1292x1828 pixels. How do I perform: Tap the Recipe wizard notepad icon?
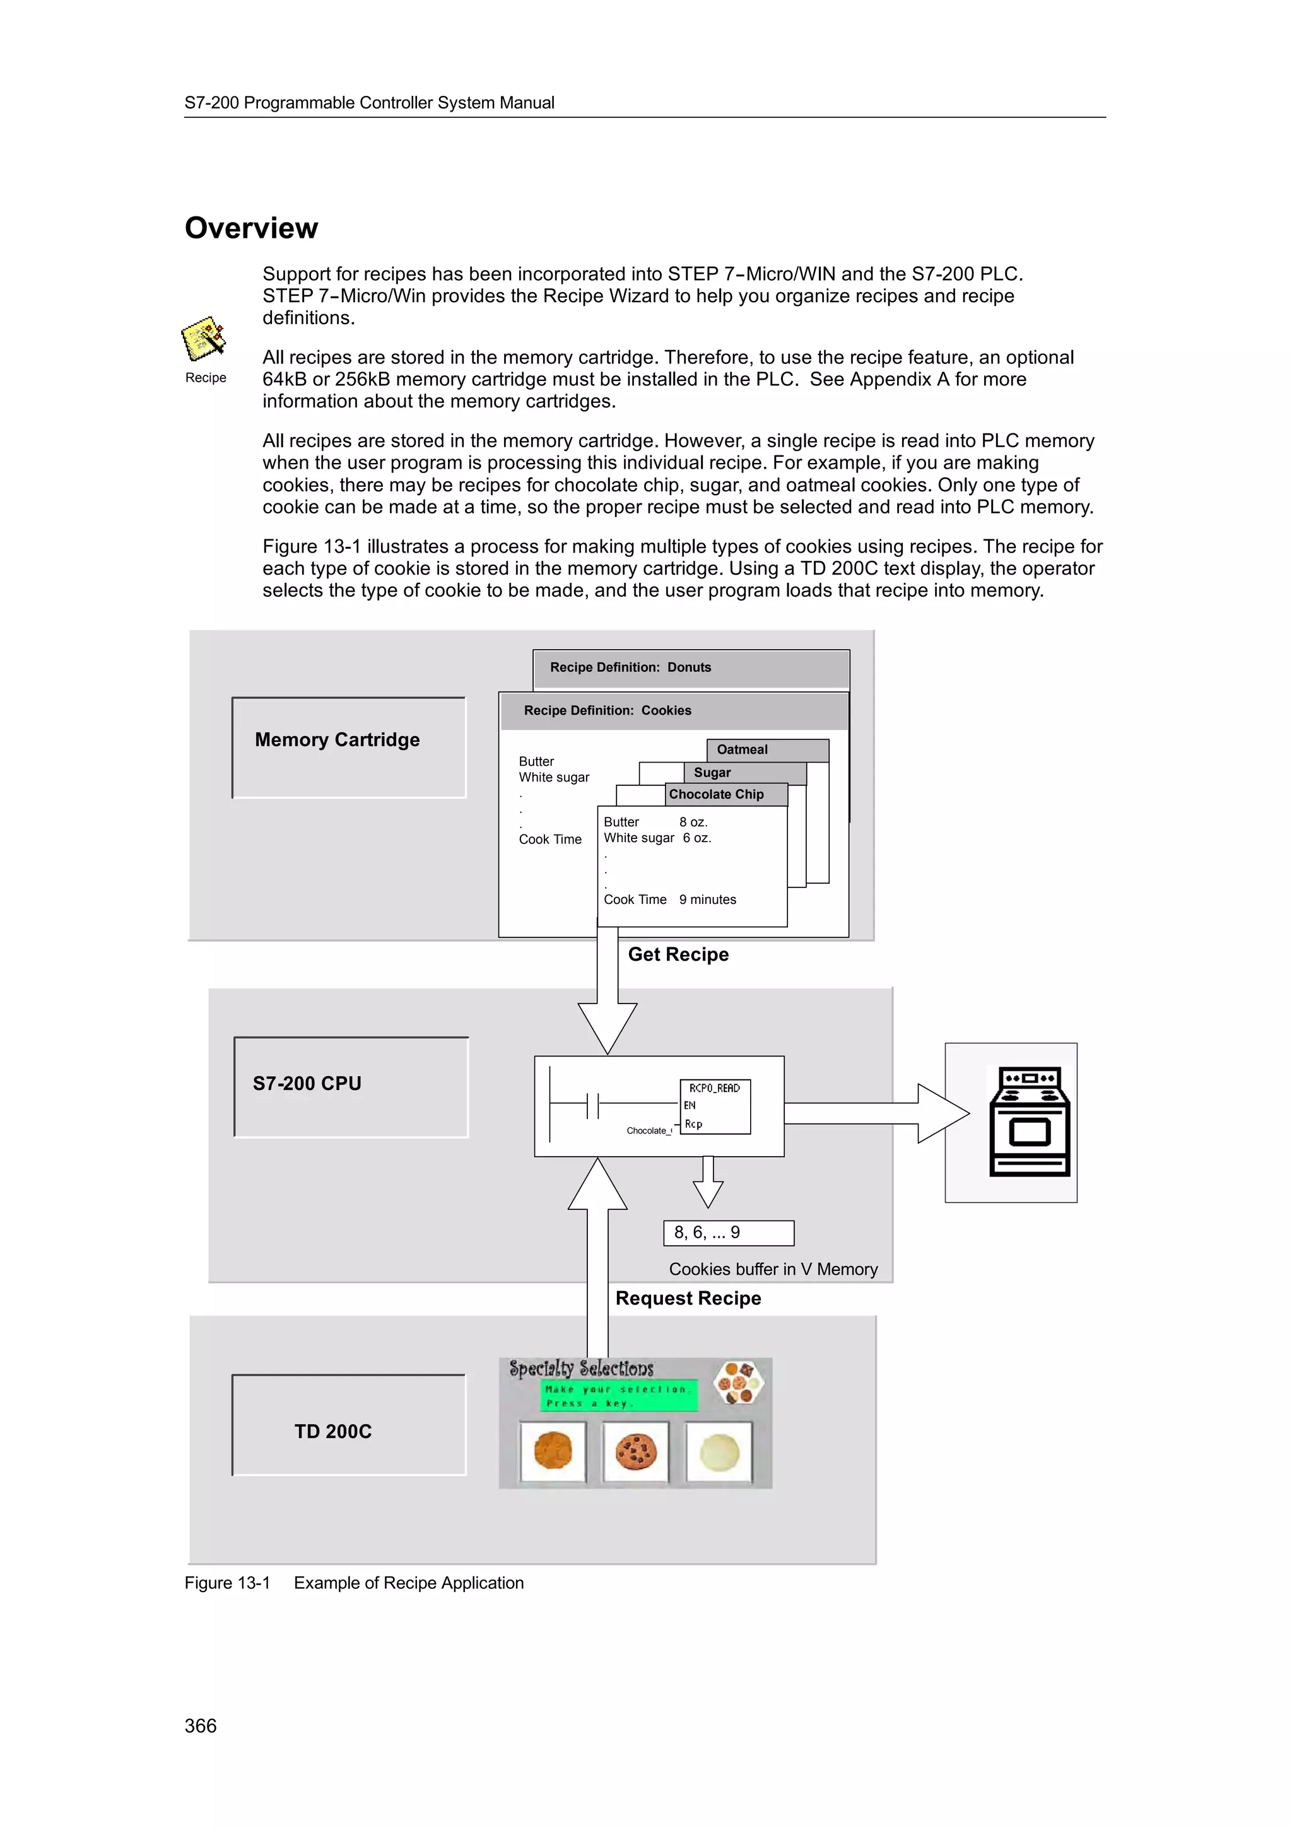coord(204,339)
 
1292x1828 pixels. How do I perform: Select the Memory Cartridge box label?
coord(337,741)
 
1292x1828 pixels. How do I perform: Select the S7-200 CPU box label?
coord(307,1084)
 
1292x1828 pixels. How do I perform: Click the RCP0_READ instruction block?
coord(715,1106)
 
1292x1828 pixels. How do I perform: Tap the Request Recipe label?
coord(688,1299)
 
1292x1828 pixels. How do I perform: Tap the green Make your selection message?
coord(618,1396)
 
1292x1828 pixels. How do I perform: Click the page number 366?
coord(201,1726)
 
